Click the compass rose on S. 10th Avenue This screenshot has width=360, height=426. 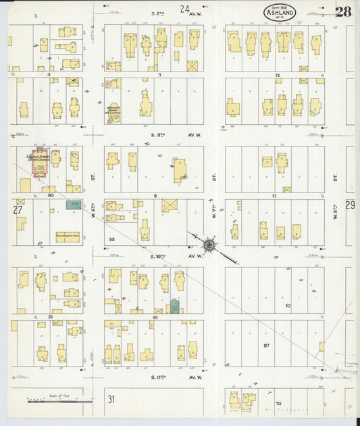pyautogui.click(x=209, y=244)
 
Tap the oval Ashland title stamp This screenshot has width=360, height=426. pyautogui.click(x=280, y=12)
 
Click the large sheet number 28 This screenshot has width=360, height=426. pyautogui.click(x=343, y=11)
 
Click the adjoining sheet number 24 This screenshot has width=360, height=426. pyautogui.click(x=184, y=9)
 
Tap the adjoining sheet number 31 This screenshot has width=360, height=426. pyautogui.click(x=111, y=399)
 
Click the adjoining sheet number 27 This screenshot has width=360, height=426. pyautogui.click(x=18, y=210)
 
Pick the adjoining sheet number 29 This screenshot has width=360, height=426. pyautogui.click(x=350, y=205)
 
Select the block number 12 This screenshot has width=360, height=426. pyautogui.click(x=277, y=75)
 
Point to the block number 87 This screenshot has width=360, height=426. pyautogui.click(x=266, y=345)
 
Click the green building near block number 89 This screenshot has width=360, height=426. pyautogui.click(x=175, y=308)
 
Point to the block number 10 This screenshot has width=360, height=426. pyautogui.click(x=288, y=306)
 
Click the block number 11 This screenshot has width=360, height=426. pyautogui.click(x=274, y=195)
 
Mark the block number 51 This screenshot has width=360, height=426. pyautogui.click(x=50, y=316)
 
